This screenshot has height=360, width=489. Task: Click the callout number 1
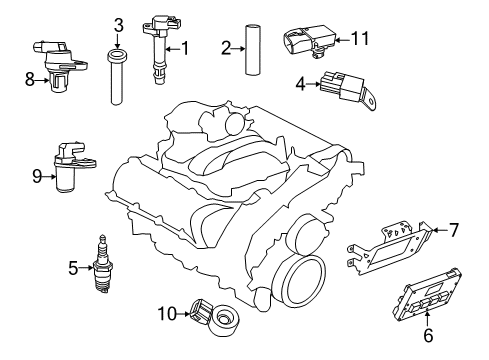(184, 47)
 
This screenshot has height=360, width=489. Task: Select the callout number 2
(227, 46)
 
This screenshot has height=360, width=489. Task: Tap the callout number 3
(118, 25)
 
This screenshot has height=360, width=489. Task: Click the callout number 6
(427, 336)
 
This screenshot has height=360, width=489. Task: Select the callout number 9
(38, 176)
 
